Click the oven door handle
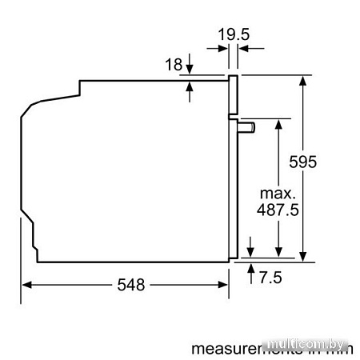(x=246, y=126)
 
